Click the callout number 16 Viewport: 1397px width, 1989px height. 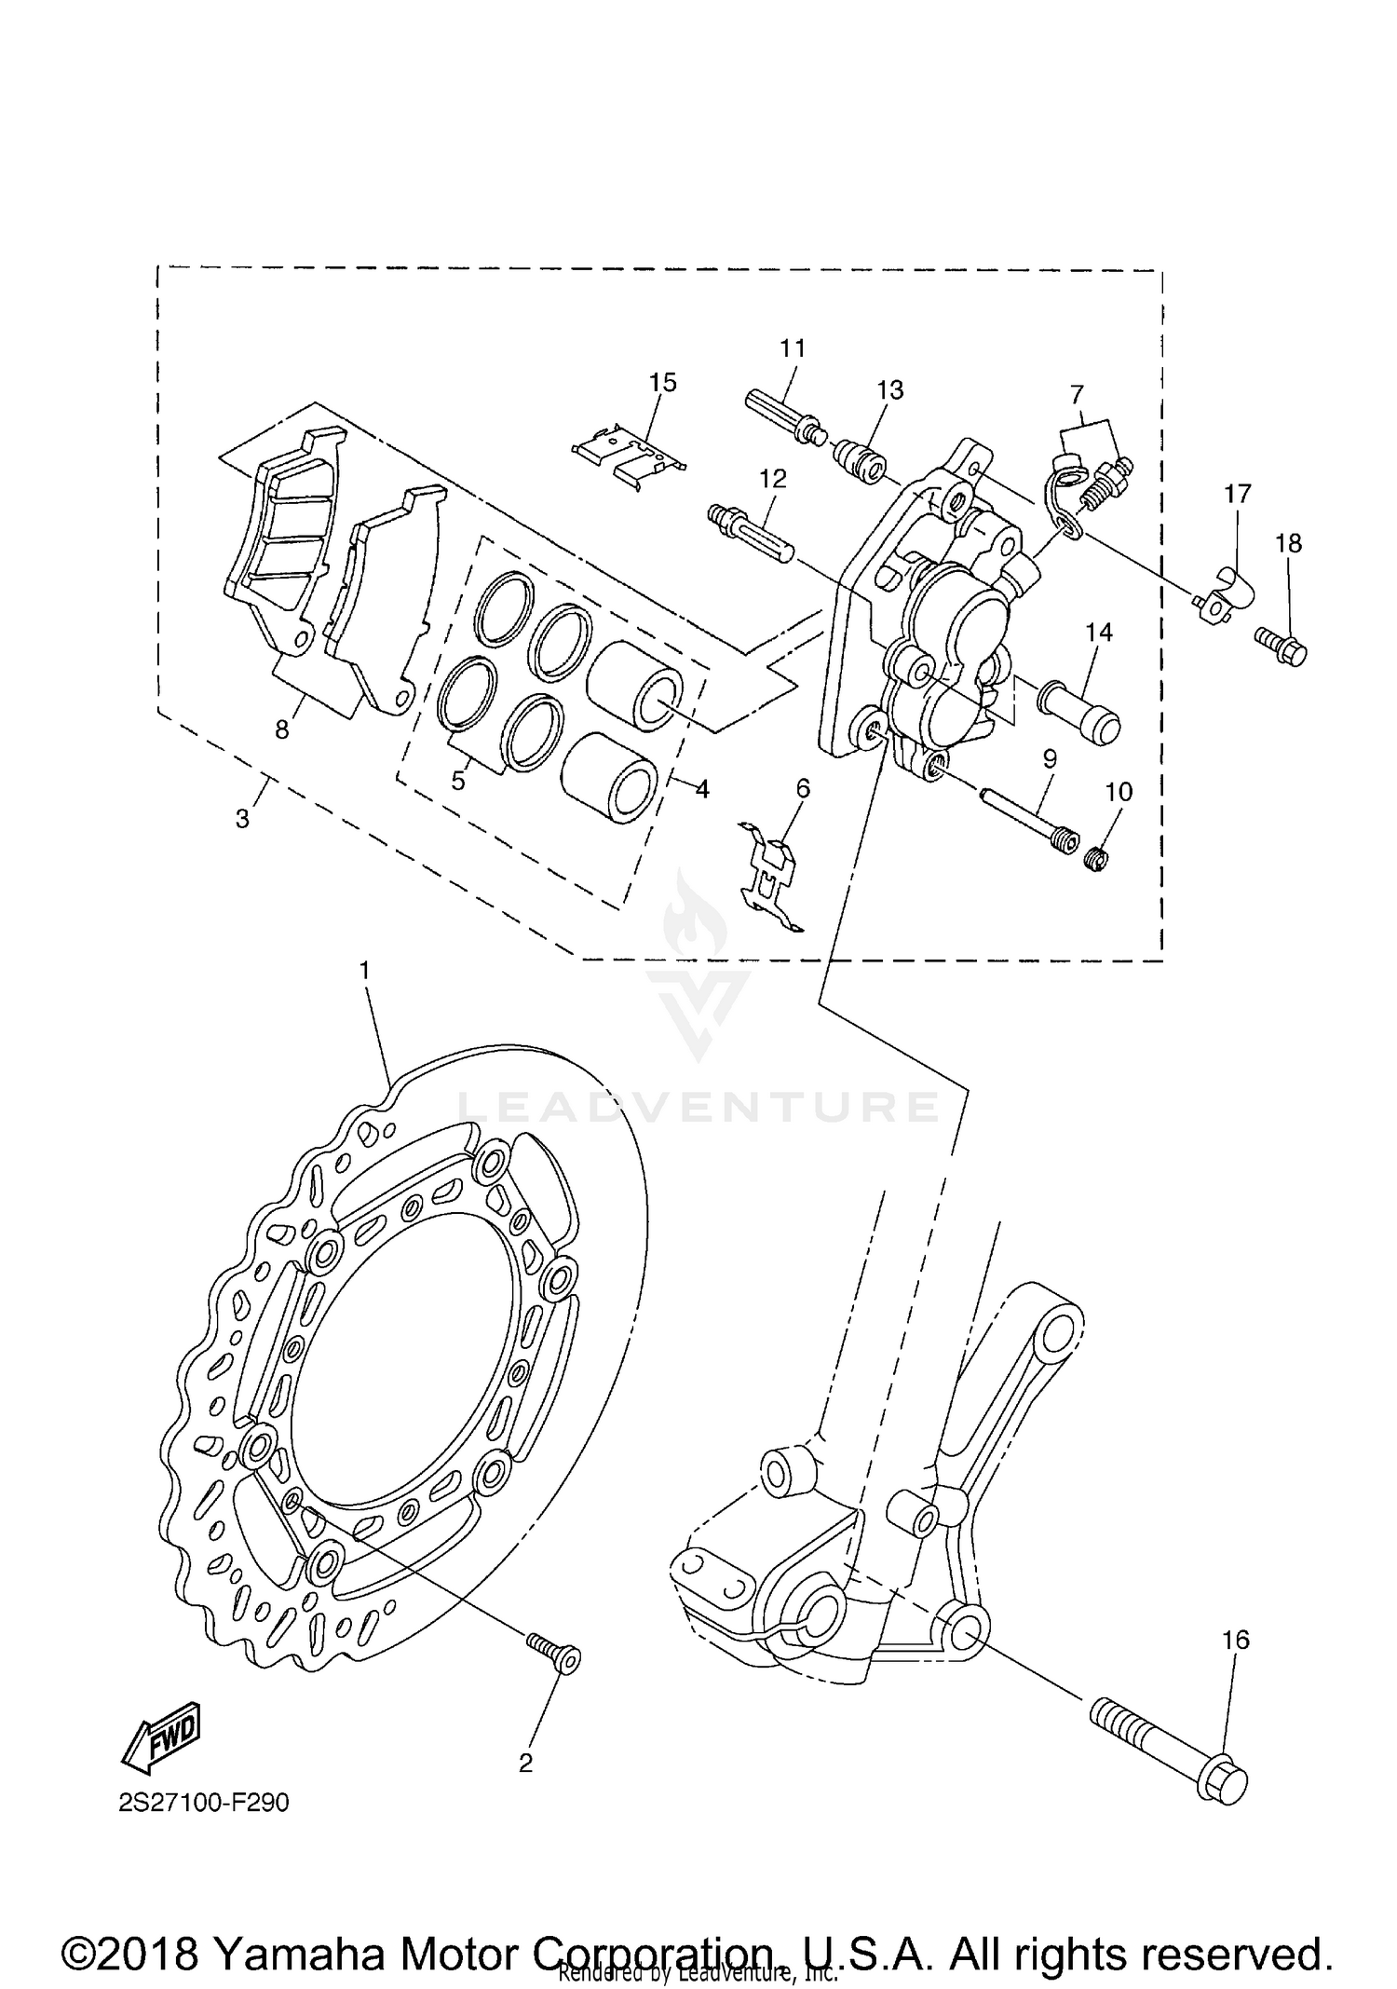[x=1235, y=1639]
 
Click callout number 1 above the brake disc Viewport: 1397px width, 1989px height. [x=365, y=970]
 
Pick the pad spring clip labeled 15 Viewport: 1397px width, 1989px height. [x=630, y=452]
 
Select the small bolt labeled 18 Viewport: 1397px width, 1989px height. [x=1282, y=644]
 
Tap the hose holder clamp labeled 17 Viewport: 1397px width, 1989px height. [x=1225, y=596]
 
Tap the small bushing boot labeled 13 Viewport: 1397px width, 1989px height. [x=860, y=460]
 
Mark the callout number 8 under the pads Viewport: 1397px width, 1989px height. [x=282, y=729]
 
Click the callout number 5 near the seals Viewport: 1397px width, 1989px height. [x=457, y=780]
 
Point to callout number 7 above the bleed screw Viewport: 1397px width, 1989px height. [x=1077, y=393]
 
